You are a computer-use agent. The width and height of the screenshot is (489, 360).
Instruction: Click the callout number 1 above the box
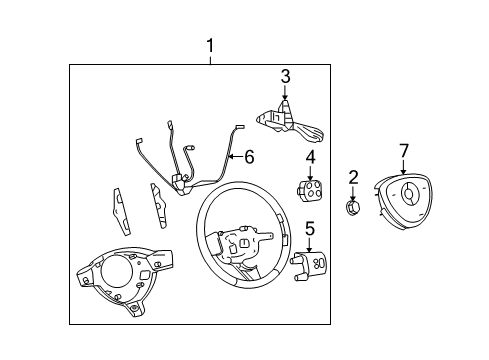click(x=210, y=45)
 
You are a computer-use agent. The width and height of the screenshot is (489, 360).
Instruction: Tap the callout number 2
click(x=353, y=177)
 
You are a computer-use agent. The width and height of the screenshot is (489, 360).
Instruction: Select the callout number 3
click(x=285, y=75)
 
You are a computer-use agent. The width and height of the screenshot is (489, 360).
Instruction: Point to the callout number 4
click(x=310, y=156)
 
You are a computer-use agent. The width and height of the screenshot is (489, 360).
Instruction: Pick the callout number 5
click(x=310, y=229)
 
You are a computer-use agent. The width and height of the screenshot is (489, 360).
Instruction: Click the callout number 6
click(x=249, y=156)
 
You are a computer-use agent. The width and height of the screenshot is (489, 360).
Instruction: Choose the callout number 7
click(x=404, y=150)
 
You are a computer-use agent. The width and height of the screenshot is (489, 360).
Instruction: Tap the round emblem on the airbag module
click(x=409, y=191)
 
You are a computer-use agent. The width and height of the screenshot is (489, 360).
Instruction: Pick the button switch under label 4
click(x=309, y=188)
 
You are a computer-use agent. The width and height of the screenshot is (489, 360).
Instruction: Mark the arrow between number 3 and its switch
click(x=285, y=94)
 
